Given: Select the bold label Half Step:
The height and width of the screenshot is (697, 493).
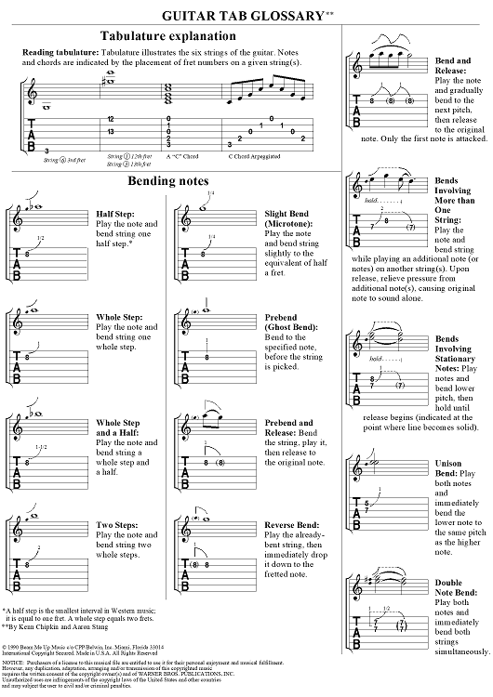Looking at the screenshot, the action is (114, 214).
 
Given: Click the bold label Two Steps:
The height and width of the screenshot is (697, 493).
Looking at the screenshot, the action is (117, 525).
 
